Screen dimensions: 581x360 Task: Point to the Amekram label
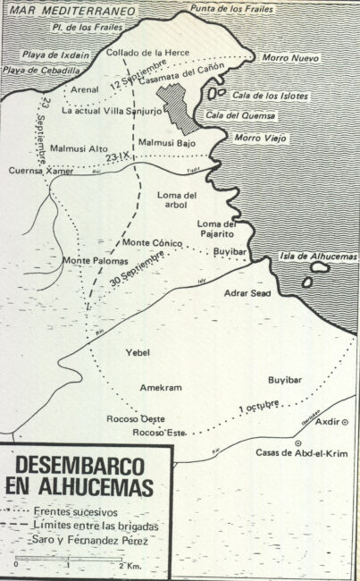point(161,386)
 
